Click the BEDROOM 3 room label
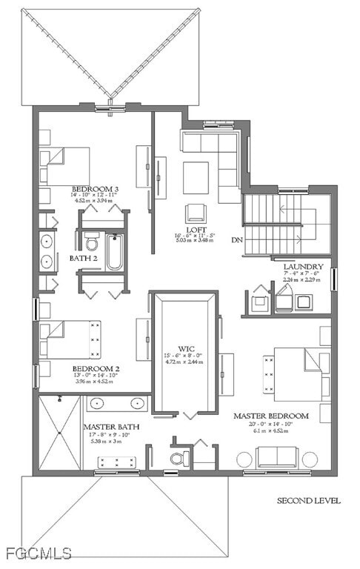point(95,189)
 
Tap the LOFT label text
point(196,230)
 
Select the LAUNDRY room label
point(303,266)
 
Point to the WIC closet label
point(185,348)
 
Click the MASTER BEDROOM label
point(270,416)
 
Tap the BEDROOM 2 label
point(96,368)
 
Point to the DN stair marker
point(237,240)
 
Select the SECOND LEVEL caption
point(309,501)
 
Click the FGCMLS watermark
point(37,553)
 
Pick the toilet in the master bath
point(177,457)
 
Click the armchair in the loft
point(196,213)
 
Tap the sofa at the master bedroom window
point(276,457)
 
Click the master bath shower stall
point(59,433)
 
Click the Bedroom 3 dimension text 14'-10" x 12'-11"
point(95,196)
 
